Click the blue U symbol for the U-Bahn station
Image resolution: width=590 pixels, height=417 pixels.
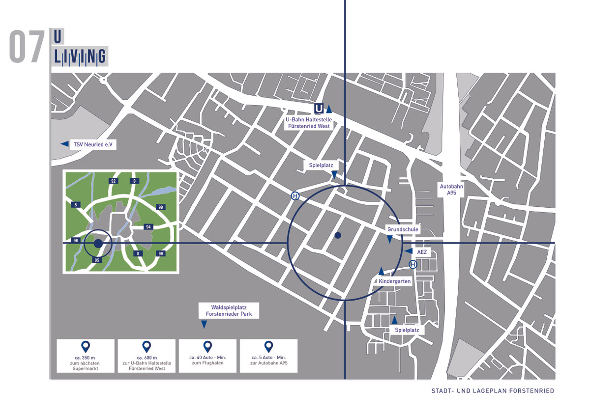319,109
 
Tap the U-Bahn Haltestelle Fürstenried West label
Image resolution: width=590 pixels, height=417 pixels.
309,123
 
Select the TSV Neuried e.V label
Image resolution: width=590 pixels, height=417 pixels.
93,144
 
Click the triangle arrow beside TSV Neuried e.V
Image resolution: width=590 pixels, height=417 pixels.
65,143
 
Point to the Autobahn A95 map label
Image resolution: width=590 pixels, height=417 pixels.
451,190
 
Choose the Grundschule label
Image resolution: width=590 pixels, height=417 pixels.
403,229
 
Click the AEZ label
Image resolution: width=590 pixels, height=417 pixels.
422,252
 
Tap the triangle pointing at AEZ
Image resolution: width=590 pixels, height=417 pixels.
409,251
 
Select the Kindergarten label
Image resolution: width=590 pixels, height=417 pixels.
394,281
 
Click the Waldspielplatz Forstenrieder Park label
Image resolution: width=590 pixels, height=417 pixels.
229,310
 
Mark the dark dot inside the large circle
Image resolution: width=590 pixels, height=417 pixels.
338,235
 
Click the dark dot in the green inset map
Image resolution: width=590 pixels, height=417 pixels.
98,243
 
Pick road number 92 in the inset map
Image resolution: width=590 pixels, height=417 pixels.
113,181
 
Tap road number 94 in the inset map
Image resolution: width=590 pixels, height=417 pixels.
148,227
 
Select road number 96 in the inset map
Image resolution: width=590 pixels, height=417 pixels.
76,240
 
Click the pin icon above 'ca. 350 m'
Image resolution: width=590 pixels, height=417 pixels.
86,347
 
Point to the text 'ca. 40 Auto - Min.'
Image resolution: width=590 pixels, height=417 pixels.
207,357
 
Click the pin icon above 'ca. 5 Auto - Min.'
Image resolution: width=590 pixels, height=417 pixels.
268,347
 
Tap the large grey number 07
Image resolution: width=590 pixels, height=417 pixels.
27,46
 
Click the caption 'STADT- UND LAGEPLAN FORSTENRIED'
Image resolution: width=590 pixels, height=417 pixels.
493,390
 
